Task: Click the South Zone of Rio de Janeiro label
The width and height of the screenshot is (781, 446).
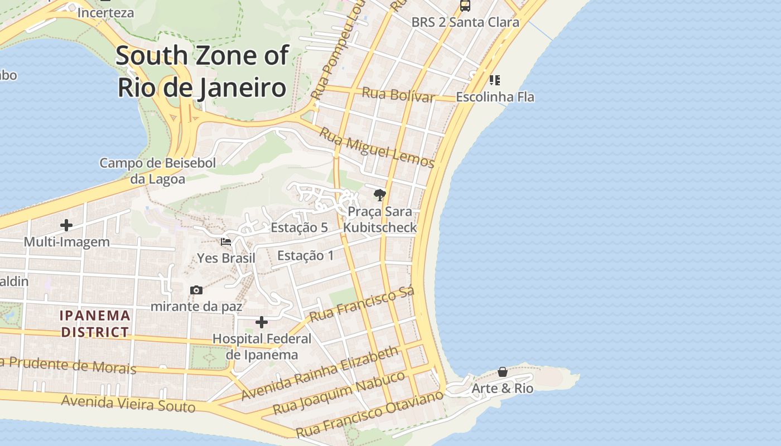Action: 202,71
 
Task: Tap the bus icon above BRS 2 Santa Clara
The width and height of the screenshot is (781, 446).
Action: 465,6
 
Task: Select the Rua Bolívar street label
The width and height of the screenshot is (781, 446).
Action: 398,95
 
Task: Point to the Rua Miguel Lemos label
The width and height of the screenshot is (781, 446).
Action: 377,147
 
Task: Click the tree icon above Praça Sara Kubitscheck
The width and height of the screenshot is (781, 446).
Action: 380,195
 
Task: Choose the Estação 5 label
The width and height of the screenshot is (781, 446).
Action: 299,227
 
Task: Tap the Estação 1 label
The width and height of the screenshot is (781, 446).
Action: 305,255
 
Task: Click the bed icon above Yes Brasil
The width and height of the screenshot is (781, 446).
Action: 226,242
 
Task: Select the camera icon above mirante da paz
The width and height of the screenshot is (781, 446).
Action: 196,290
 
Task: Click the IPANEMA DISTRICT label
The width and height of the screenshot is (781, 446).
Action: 95,324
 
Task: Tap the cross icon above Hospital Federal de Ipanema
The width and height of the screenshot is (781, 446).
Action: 261,322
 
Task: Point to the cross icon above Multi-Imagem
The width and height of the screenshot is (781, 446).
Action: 66,225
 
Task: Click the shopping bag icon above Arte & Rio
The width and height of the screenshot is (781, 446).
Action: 502,372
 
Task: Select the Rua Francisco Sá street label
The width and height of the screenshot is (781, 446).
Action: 362,304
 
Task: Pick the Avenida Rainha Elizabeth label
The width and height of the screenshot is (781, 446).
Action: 320,372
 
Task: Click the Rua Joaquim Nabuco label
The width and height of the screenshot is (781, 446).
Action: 339,392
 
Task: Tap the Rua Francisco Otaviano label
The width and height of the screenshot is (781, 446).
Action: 369,413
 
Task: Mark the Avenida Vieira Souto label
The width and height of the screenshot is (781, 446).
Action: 128,403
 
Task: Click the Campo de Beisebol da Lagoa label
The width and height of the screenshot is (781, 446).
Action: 157,171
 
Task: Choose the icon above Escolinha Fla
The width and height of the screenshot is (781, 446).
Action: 494,80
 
